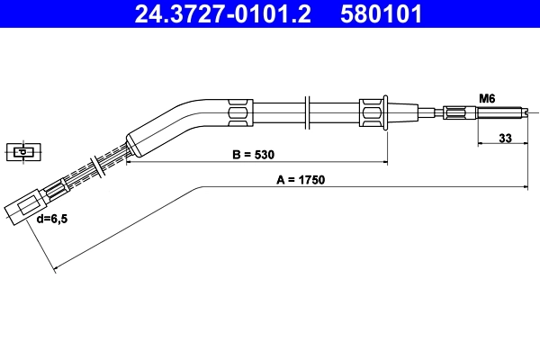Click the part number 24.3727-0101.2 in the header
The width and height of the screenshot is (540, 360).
(x=226, y=14)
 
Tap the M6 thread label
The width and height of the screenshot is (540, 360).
(x=487, y=97)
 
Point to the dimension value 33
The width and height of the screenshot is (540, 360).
(x=505, y=139)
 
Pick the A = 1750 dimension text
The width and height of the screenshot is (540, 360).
(x=300, y=179)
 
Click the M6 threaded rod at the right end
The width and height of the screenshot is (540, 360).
(x=499, y=112)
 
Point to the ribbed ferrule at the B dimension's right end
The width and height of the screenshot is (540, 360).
(x=373, y=112)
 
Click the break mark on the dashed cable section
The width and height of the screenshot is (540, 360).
(x=94, y=167)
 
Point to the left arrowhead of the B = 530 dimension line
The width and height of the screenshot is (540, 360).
(x=129, y=163)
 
